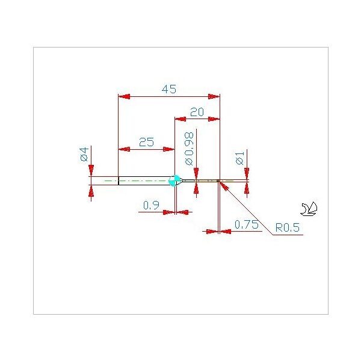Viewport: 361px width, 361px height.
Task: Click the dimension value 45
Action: (169, 89)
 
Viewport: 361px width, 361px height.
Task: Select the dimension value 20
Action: (197, 112)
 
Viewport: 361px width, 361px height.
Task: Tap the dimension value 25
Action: (146, 142)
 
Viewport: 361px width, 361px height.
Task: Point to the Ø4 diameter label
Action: (84, 154)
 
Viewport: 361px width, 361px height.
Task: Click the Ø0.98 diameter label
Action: (189, 149)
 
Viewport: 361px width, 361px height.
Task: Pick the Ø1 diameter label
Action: (239, 158)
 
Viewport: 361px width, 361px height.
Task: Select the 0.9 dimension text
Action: (151, 205)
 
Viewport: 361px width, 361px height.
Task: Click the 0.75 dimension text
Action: (246, 224)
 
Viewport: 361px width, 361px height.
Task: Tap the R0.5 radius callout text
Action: (288, 227)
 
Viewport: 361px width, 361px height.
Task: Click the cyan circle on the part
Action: (174, 180)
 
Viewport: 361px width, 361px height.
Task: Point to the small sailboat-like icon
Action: (309, 209)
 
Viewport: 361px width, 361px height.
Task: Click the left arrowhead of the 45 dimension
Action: (124, 96)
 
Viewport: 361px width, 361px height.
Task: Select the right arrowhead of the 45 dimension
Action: (214, 96)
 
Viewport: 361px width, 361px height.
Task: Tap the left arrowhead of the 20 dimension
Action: (180, 119)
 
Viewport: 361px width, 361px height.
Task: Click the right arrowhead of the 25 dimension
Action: (168, 149)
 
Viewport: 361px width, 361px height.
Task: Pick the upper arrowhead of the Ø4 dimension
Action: (91, 171)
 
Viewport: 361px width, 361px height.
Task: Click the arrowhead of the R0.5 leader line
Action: (224, 186)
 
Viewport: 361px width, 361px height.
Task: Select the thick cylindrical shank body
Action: (144, 180)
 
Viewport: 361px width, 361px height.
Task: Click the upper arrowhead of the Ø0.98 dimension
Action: (196, 174)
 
